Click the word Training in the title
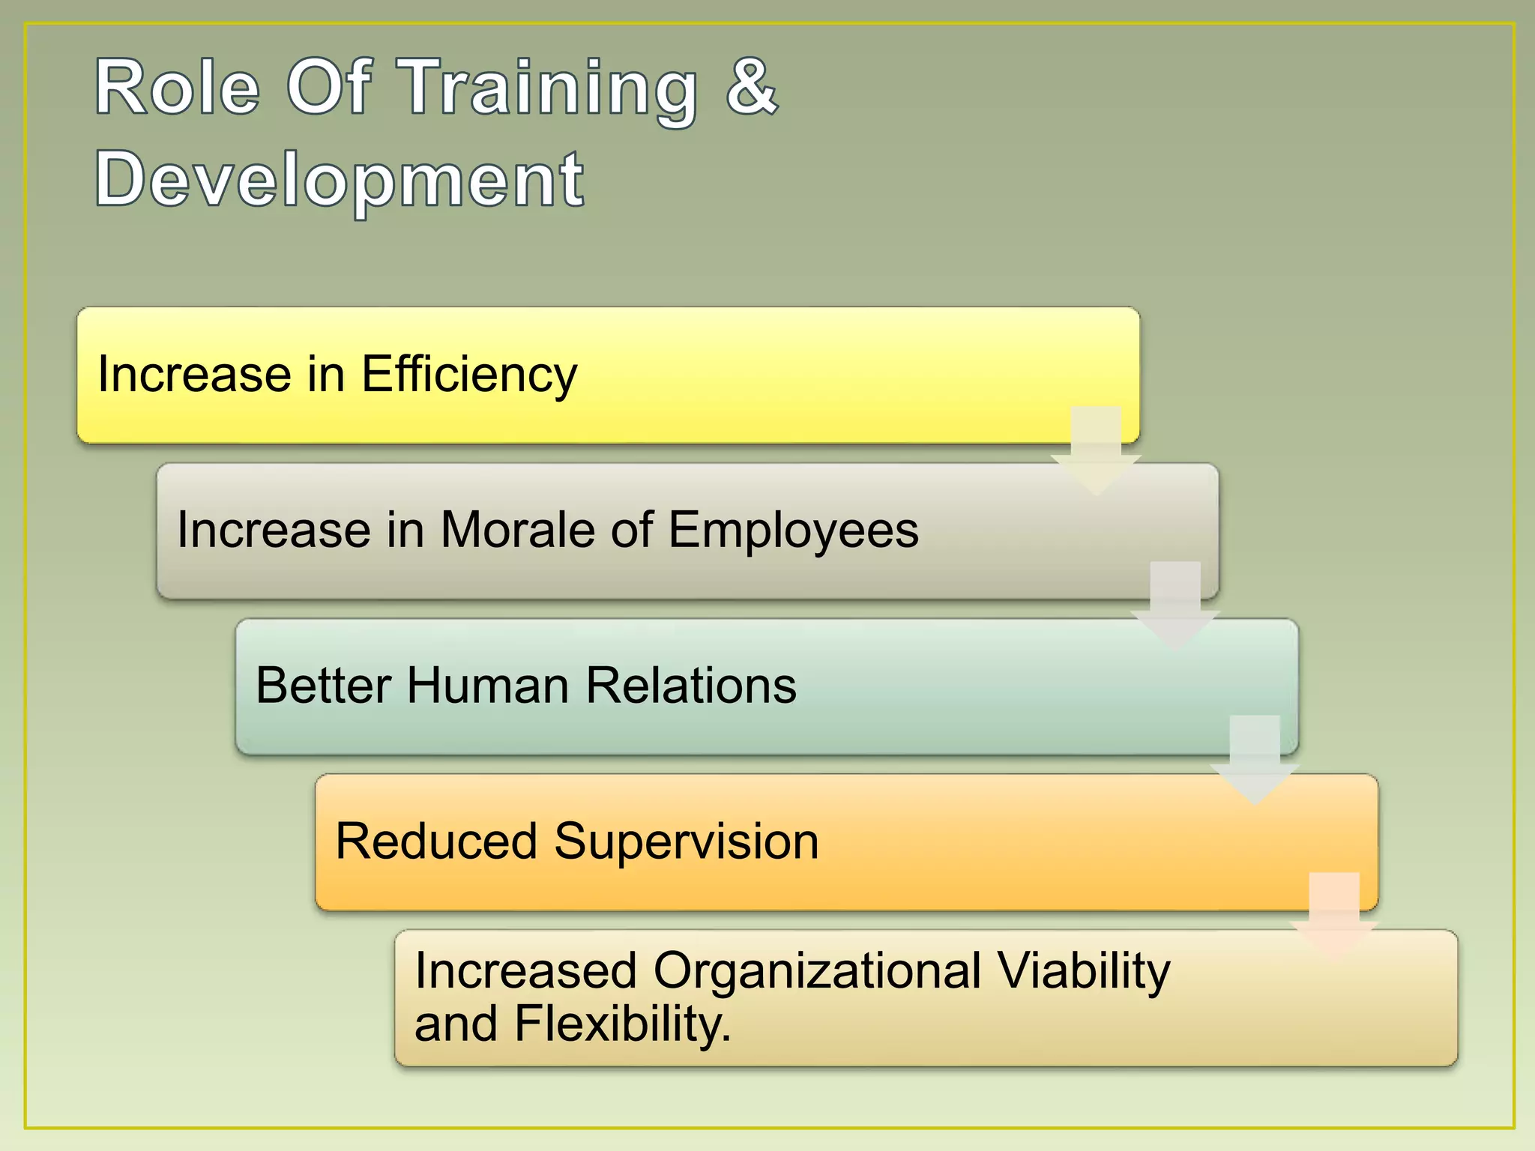tap(547, 90)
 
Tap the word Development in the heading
tap(339, 180)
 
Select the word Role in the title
tap(177, 88)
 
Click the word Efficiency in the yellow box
tap(469, 374)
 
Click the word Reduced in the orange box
tap(435, 841)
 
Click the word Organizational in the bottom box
tap(817, 970)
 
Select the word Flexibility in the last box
tap(622, 1024)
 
